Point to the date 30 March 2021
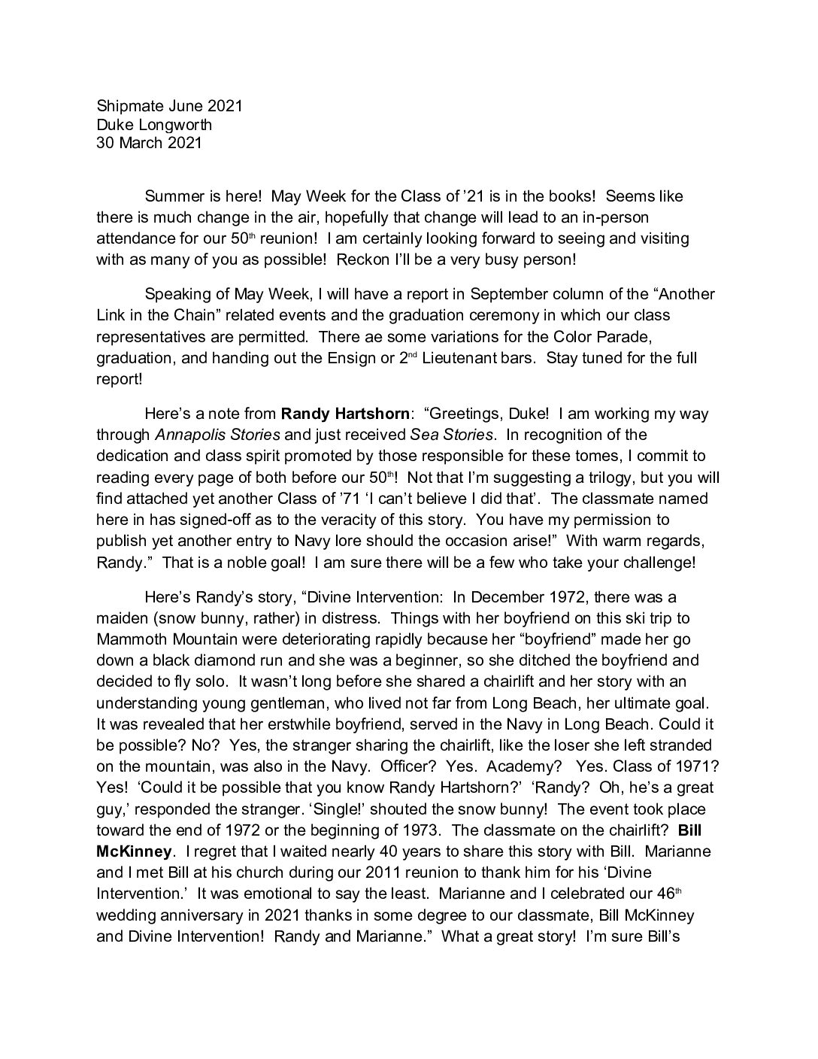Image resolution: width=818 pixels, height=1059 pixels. [x=149, y=142]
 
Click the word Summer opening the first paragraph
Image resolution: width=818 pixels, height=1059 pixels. [x=171, y=196]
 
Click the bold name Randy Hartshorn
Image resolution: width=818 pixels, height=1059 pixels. [x=346, y=413]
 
